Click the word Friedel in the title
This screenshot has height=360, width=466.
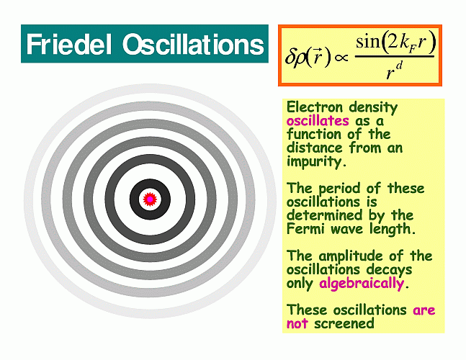coord(69,44)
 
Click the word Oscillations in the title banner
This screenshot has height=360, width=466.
coord(193,44)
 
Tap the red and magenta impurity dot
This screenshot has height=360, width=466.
coord(150,199)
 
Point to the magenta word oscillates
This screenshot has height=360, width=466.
coord(318,121)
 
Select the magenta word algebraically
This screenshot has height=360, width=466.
coord(362,283)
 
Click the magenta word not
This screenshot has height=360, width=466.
coord(297,323)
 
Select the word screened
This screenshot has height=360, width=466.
coord(344,323)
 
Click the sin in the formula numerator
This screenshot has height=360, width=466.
coord(368,42)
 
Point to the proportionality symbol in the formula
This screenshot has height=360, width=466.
coord(341,58)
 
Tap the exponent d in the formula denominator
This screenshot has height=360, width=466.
coord(399,66)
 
